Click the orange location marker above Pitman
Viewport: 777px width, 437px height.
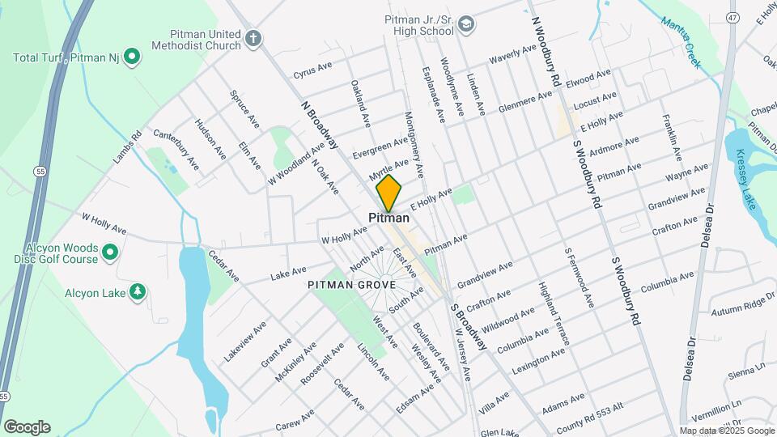(388, 193)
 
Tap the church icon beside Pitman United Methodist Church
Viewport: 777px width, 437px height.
(253, 38)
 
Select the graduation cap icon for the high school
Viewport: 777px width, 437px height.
(466, 24)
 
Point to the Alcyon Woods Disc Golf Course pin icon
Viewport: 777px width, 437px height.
(110, 252)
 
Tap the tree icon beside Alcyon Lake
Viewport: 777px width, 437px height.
(138, 291)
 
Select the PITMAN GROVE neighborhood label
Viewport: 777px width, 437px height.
(351, 285)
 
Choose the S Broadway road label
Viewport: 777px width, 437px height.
(469, 326)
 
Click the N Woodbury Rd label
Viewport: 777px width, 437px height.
(546, 51)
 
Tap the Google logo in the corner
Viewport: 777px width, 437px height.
(26, 427)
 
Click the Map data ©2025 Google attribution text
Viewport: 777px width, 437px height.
(727, 431)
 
